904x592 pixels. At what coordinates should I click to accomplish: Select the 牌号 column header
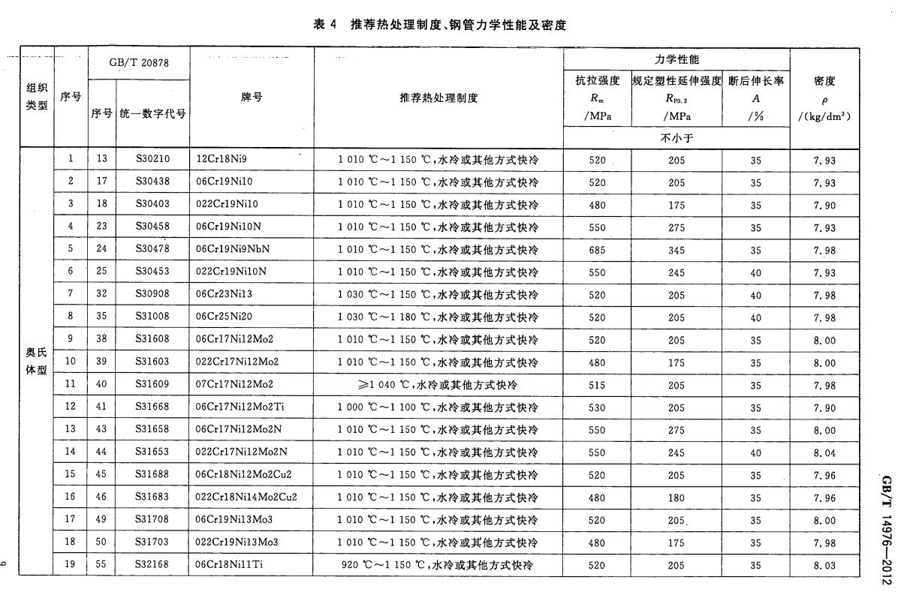(x=252, y=98)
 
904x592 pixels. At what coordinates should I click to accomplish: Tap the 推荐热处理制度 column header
(x=438, y=98)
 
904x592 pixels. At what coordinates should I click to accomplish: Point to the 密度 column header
(x=824, y=98)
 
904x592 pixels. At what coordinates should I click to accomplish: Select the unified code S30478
(x=152, y=250)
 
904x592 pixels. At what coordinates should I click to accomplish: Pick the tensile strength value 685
(x=597, y=250)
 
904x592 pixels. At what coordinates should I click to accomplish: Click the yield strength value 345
(x=676, y=250)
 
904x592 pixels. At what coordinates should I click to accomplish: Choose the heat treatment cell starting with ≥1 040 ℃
(x=438, y=385)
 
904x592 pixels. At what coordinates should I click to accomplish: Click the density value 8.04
(x=824, y=452)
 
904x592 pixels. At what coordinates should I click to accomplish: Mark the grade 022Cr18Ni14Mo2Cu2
(x=246, y=497)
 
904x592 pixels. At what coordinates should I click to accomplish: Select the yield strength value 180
(x=676, y=497)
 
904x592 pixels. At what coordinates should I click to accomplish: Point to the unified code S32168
(x=152, y=565)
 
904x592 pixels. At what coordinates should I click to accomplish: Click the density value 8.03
(x=824, y=565)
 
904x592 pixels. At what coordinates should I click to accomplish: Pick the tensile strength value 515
(x=597, y=385)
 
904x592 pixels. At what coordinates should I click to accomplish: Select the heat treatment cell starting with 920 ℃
(x=438, y=565)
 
